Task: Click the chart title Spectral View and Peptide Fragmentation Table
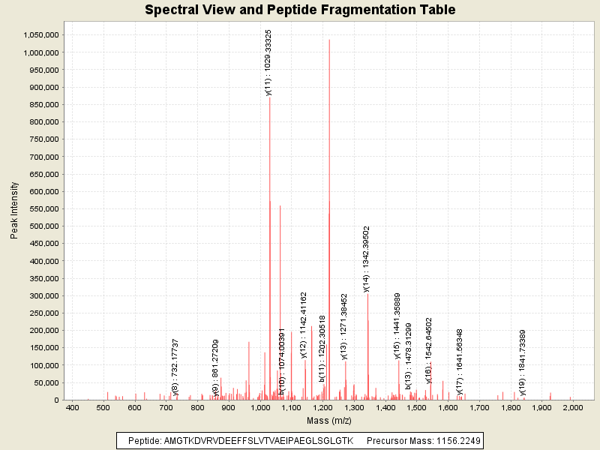point(300,10)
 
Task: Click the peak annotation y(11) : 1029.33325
point(268,63)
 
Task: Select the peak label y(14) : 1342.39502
point(366,259)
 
